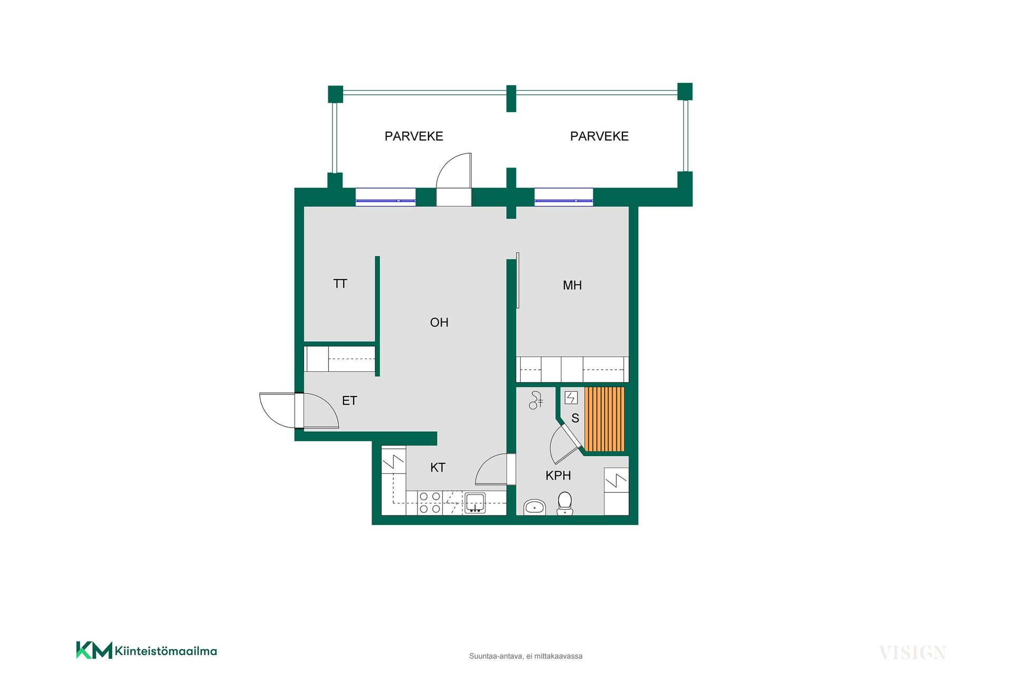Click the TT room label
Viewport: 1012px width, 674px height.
tap(340, 284)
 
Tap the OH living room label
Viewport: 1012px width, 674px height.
tap(439, 322)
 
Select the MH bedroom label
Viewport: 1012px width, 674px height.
tap(572, 285)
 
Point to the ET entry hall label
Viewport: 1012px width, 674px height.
tap(349, 401)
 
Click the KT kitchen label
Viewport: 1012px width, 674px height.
tap(437, 467)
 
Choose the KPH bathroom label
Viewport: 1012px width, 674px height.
tap(558, 475)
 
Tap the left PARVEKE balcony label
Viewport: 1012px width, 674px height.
tap(414, 136)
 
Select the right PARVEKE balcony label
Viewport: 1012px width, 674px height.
tap(599, 136)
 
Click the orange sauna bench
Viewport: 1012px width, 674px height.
tap(605, 419)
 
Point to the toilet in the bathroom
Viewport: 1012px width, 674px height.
tap(565, 503)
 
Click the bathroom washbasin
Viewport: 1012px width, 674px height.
tap(534, 507)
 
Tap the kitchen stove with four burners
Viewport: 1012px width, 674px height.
tap(430, 502)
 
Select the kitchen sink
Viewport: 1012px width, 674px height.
tap(475, 502)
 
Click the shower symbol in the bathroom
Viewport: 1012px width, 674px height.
tap(536, 401)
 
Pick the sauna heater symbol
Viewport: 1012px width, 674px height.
tap(571, 398)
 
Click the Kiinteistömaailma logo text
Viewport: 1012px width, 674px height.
tap(166, 651)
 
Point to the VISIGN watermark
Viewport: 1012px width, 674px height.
tap(912, 653)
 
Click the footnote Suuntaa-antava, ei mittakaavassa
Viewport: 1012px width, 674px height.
tap(526, 656)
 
